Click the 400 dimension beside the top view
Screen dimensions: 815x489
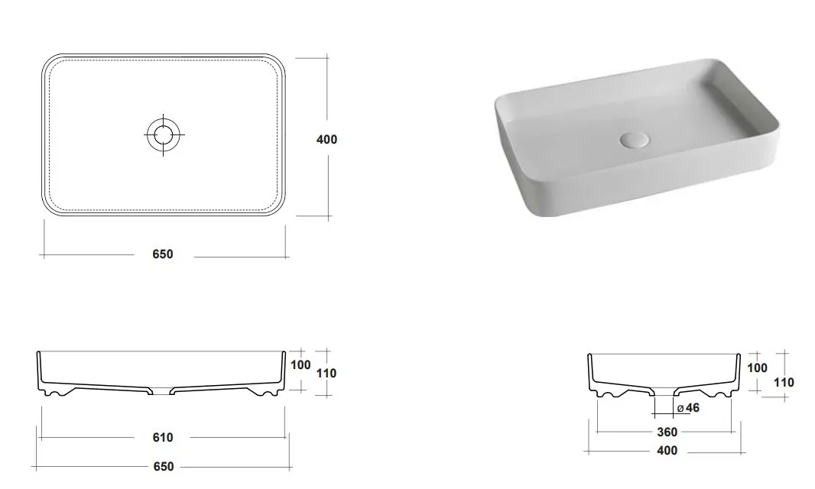327,139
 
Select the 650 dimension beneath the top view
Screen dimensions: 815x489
163,254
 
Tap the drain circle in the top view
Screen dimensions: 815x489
163,134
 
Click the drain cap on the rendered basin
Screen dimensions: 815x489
635,141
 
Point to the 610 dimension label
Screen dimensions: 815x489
163,438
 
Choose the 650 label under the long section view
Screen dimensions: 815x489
163,467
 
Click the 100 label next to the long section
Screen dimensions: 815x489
300,364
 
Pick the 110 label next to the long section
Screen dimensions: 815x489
326,373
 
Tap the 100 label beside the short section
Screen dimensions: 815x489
758,368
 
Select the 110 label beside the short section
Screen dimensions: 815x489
784,383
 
